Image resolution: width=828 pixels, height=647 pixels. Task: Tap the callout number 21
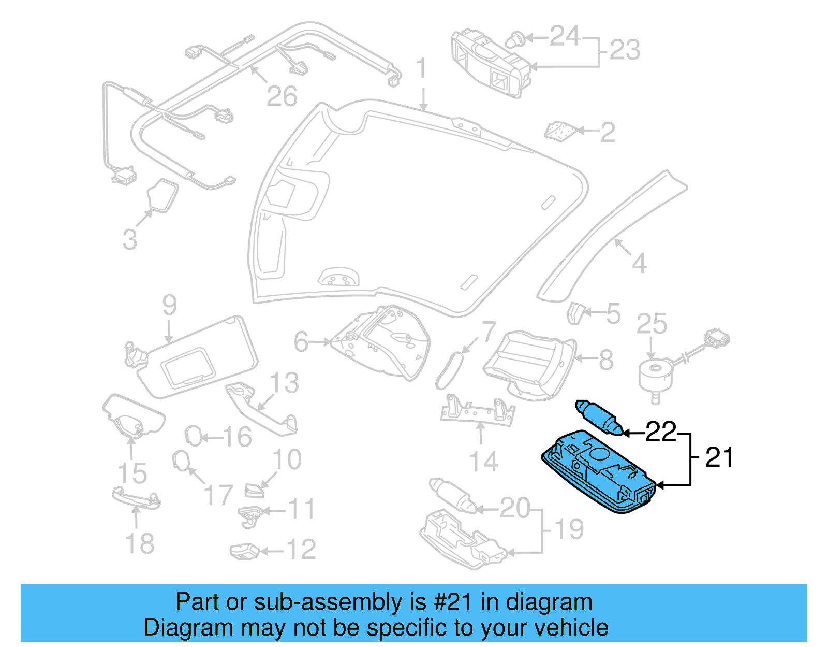pos(719,458)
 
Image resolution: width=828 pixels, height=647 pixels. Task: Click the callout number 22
pos(661,432)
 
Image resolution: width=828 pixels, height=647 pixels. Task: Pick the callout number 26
pos(282,96)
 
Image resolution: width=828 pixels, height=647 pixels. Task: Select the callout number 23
pos(625,50)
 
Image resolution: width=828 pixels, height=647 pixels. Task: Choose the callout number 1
pos(422,68)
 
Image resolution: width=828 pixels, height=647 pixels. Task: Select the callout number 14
pos(483,462)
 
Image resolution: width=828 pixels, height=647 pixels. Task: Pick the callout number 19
pos(569,529)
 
